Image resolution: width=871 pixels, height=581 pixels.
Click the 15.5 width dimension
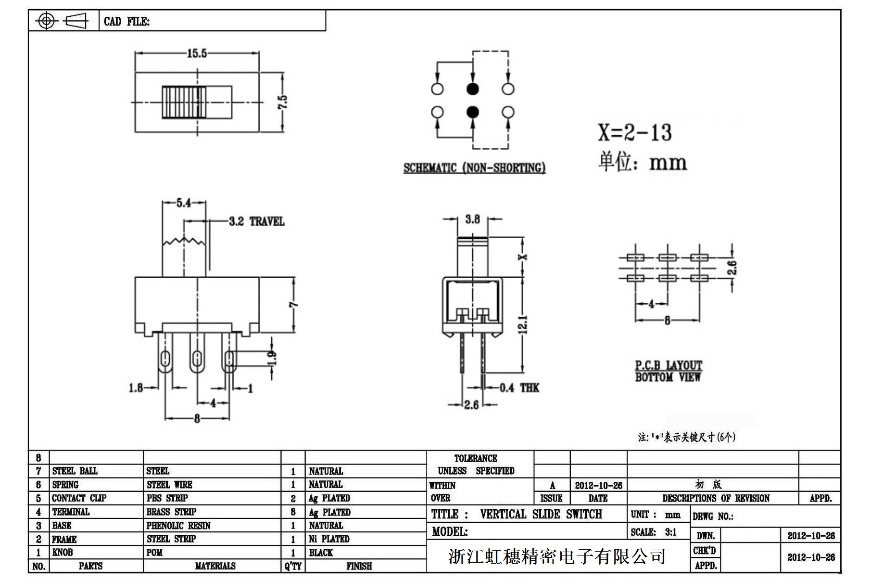[x=197, y=53]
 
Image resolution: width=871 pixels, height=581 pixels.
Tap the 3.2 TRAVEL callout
[x=256, y=221]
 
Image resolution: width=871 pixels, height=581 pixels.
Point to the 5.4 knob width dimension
[x=184, y=203]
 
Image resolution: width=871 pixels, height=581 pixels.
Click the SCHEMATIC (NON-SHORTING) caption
[x=474, y=168]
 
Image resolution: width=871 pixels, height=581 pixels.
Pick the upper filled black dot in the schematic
[x=473, y=89]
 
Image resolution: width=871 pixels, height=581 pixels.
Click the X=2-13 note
[x=634, y=132]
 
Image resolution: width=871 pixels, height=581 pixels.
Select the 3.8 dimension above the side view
[x=472, y=219]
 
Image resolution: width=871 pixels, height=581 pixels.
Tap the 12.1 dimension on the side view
[x=524, y=324]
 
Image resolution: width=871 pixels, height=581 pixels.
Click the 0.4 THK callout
[x=519, y=387]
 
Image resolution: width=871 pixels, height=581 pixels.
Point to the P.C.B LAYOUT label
[x=669, y=365]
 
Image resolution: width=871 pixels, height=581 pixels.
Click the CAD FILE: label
[x=126, y=22]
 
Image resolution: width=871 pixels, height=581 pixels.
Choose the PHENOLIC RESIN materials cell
[x=178, y=526]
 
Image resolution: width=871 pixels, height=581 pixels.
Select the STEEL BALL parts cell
[x=75, y=471]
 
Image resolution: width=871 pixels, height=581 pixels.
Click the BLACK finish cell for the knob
[x=321, y=553]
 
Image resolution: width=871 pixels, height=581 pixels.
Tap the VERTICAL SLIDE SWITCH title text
[x=541, y=514]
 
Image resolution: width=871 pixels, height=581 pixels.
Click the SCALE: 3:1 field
[x=654, y=532]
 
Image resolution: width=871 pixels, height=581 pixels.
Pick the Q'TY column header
[x=292, y=566]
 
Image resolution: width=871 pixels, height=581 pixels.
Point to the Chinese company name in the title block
[x=556, y=556]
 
